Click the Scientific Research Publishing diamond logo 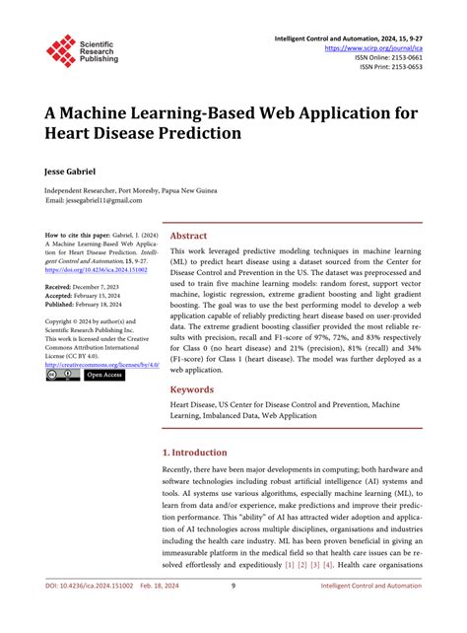pos(60,51)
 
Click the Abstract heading pos(188,237)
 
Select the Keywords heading pos(193,389)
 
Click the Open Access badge pos(105,375)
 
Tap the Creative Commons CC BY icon pos(63,375)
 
